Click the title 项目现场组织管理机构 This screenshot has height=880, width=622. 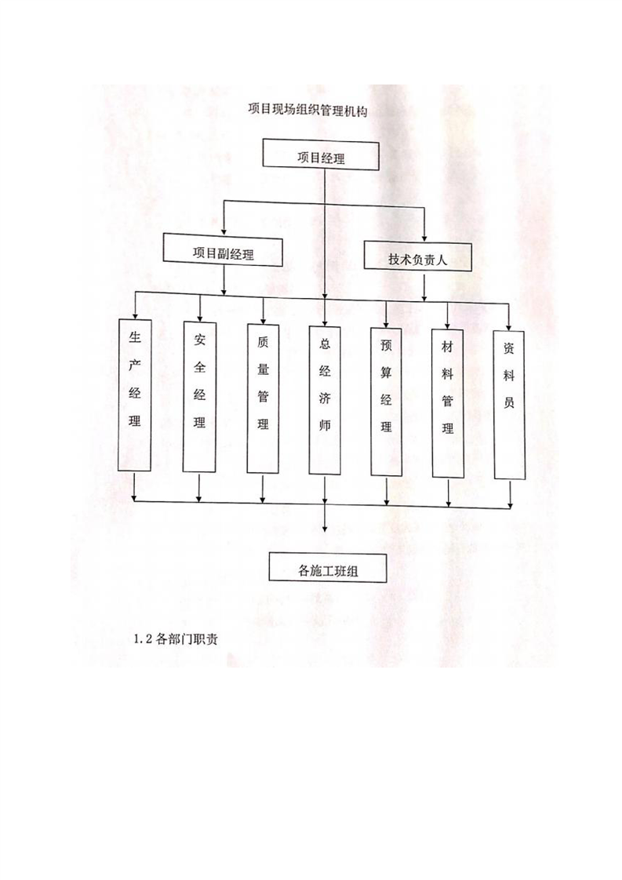tap(307, 111)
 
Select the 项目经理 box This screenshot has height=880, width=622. tap(321, 155)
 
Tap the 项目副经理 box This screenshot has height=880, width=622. tap(224, 250)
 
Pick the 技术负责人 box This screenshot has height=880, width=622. tap(417, 257)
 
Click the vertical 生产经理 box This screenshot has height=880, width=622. tap(135, 395)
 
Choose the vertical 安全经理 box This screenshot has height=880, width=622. tap(199, 397)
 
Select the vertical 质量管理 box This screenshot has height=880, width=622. tap(263, 398)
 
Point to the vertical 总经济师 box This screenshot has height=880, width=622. tap(325, 400)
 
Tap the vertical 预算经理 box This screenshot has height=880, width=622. tap(386, 402)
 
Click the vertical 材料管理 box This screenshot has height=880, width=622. tap(447, 403)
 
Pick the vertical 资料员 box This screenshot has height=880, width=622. tap(509, 404)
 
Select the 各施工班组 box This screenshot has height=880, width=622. tap(328, 567)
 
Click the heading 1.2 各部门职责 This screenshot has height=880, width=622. tap(176, 639)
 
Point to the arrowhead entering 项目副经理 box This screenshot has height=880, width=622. tap(224, 231)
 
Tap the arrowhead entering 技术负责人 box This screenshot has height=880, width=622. tap(424, 238)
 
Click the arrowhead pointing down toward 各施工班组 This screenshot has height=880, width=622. tap(325, 528)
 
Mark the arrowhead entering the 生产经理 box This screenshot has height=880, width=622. tap(135, 315)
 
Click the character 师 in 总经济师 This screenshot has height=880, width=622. tap(325, 425)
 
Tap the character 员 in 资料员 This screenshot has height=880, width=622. tap(508, 402)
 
